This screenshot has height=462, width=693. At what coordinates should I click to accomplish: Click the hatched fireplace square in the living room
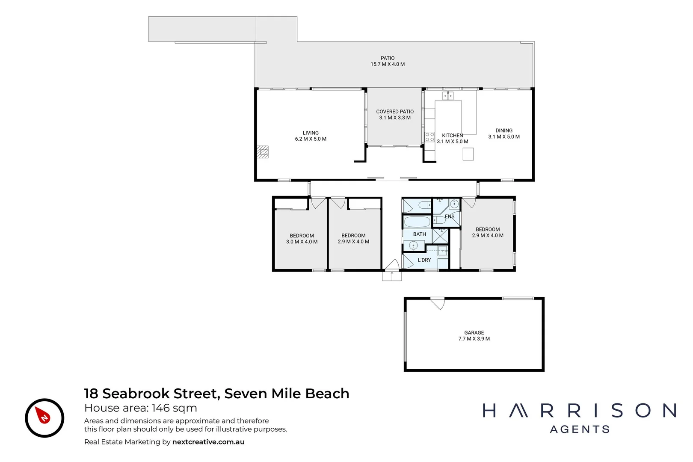coord(263,152)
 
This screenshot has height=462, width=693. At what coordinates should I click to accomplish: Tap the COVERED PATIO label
coord(395,112)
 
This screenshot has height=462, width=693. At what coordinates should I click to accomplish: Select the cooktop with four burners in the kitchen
coord(429,137)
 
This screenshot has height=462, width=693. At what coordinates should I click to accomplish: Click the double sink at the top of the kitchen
coord(448,96)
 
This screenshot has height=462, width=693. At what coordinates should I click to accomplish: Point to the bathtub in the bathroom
coord(417,222)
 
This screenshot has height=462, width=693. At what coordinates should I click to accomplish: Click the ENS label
coord(450,216)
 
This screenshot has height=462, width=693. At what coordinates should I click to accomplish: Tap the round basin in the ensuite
coord(454,204)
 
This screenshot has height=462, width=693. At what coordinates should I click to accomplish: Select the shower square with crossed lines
coord(440,236)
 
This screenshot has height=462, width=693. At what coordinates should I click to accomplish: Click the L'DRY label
coord(424,260)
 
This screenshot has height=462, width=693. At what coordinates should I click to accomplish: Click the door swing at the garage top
coord(438,303)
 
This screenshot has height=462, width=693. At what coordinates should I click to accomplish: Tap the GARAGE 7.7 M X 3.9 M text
coord(474,336)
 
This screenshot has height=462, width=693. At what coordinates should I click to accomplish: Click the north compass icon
coord(44,418)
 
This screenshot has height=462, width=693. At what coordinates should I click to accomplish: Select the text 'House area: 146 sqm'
coord(141,408)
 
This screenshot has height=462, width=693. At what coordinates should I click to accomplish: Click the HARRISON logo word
coord(580,411)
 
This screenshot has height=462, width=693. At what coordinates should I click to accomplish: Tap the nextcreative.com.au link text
coord(208,442)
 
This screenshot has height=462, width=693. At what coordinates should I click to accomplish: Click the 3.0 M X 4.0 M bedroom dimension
coord(302,242)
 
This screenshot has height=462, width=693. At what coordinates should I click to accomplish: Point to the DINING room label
coord(504,130)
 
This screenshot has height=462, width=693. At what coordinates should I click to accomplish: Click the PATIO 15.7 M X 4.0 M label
coord(388,61)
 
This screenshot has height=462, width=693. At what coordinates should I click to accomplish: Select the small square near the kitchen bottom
coord(468,154)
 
